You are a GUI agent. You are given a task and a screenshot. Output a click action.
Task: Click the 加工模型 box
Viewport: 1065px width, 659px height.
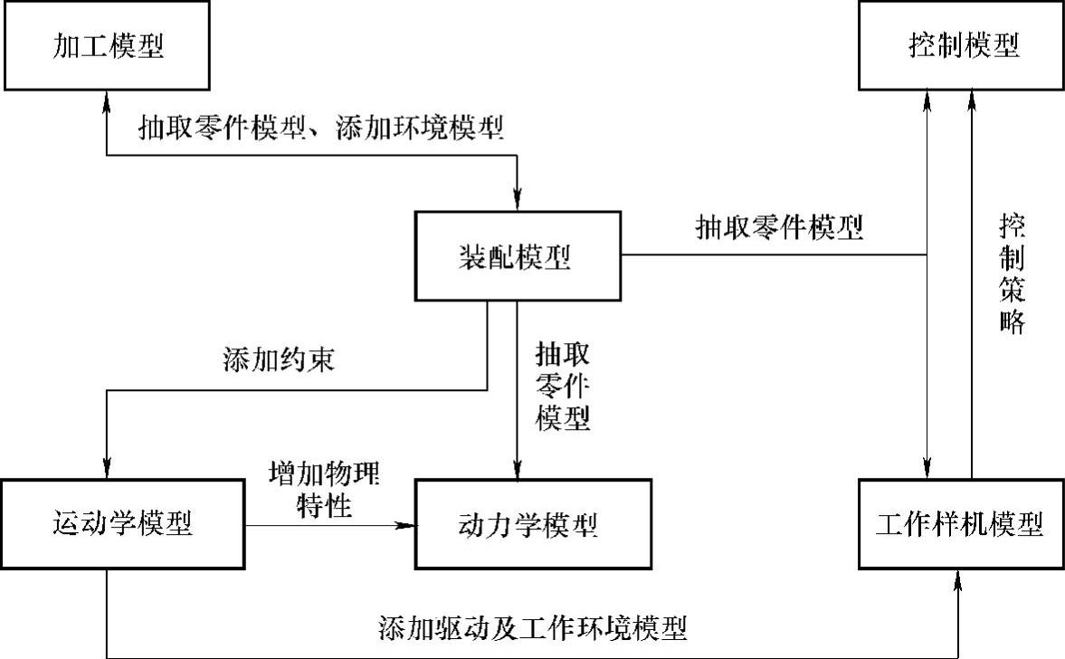(108, 45)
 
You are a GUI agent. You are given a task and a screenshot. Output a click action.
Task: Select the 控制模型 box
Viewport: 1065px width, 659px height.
(962, 45)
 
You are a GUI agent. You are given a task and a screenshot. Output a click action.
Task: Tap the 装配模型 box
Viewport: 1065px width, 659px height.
(518, 255)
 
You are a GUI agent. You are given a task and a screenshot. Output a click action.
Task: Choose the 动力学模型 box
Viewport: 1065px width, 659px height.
(532, 523)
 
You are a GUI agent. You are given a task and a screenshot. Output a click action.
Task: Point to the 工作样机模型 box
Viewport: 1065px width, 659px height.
(960, 523)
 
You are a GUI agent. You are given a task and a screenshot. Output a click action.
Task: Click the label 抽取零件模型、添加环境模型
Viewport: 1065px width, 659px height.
(320, 129)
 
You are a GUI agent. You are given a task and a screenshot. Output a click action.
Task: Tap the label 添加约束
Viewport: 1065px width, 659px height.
(279, 360)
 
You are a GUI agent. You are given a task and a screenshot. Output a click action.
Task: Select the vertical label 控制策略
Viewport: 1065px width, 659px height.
(1013, 274)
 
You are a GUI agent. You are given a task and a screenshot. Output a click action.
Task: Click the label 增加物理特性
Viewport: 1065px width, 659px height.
(324, 489)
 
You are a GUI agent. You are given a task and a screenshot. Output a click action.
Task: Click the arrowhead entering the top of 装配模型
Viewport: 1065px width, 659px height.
(518, 202)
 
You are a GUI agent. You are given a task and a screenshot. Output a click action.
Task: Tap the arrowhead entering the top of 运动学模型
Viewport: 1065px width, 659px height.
(108, 469)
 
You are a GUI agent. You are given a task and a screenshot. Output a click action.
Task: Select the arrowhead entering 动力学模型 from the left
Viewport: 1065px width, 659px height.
(406, 523)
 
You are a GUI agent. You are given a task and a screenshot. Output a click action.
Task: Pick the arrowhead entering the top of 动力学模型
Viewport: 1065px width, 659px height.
(518, 469)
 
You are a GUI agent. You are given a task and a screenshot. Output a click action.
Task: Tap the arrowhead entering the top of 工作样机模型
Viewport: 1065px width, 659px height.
(927, 469)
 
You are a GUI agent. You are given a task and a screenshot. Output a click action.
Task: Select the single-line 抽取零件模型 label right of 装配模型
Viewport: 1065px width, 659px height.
(778, 226)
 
